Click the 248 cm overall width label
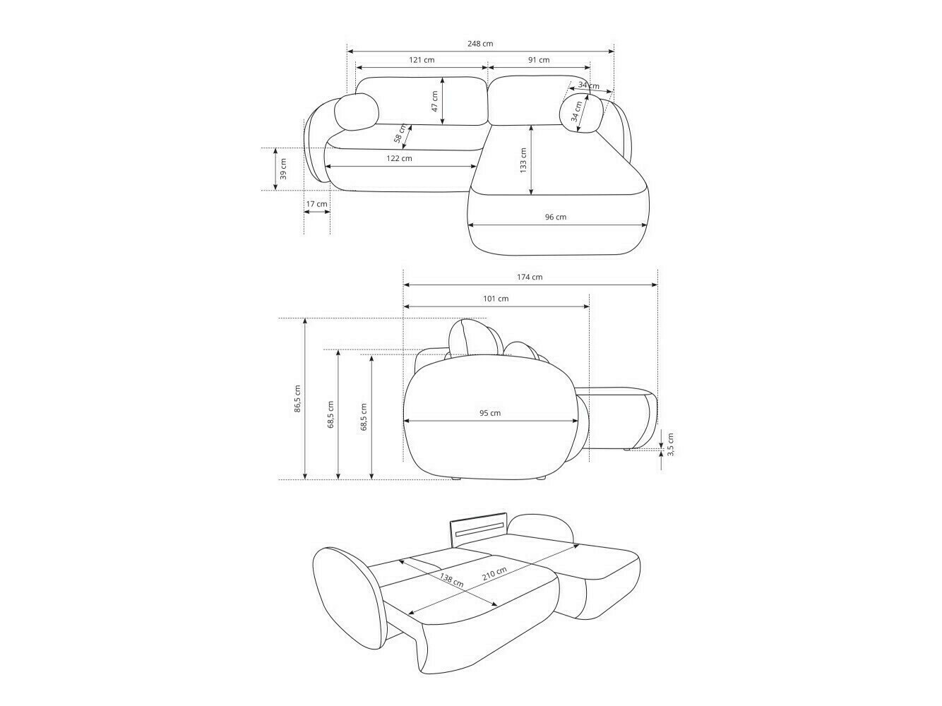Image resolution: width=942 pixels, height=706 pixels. click(480, 44)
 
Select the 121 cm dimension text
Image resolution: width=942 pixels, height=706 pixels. click(422, 60)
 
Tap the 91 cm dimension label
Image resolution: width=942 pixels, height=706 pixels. click(539, 60)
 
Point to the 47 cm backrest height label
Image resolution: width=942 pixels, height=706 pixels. click(435, 102)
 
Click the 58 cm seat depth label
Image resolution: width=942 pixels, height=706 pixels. click(401, 133)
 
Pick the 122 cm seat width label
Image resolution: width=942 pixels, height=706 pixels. click(399, 158)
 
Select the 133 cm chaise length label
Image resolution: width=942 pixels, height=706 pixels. click(523, 161)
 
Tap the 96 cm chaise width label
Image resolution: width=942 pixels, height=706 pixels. click(556, 217)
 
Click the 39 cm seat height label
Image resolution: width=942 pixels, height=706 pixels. click(283, 169)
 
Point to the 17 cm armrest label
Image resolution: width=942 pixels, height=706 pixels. click(317, 204)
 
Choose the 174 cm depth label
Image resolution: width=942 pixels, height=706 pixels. click(530, 277)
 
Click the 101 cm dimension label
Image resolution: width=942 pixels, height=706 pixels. click(496, 299)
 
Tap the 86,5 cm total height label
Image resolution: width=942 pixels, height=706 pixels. click(298, 399)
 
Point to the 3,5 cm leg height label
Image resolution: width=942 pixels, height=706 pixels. click(671, 443)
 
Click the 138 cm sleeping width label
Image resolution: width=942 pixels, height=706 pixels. click(452, 580)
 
